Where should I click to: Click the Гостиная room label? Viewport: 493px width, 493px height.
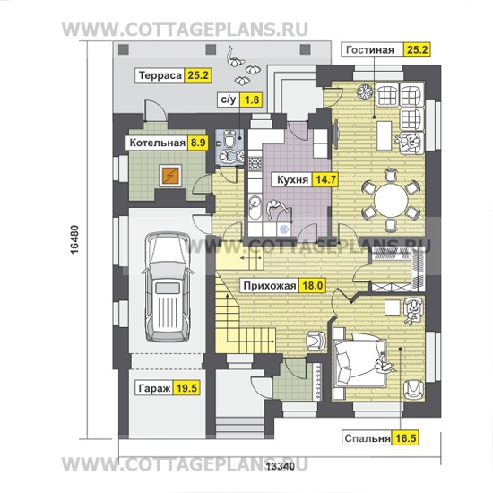click(369, 50)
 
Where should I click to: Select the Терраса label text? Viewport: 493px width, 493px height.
click(160, 76)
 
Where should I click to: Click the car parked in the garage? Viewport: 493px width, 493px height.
click(168, 287)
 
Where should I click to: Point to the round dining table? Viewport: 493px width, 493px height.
click(391, 200)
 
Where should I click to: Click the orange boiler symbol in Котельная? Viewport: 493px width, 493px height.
click(170, 176)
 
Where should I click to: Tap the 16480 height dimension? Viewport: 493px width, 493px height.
click(74, 239)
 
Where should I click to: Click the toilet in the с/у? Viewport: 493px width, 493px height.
click(229, 139)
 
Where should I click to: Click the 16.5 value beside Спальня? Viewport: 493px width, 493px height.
click(405, 438)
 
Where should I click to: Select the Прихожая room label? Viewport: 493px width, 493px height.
click(270, 286)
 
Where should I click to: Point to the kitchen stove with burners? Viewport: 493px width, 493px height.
click(255, 164)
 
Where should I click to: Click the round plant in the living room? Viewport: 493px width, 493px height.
click(365, 92)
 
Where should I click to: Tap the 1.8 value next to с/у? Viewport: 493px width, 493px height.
click(252, 100)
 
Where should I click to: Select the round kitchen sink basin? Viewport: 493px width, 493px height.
click(255, 203)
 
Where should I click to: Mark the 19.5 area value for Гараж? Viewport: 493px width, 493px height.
click(186, 389)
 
